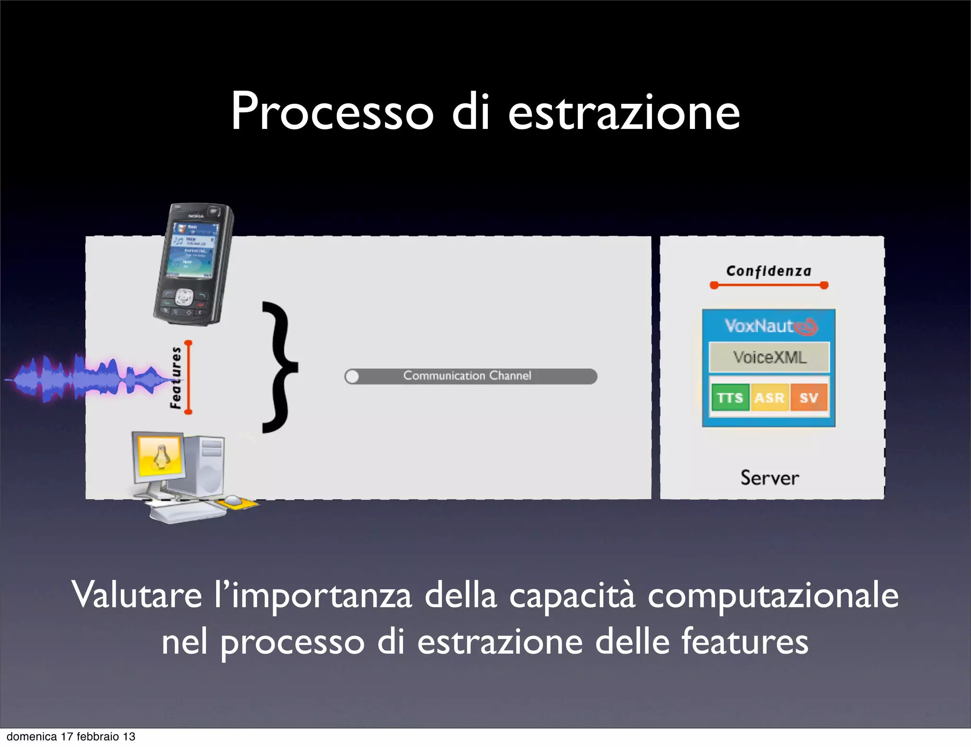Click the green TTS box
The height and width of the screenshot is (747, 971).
(730, 397)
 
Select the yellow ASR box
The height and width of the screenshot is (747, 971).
(769, 397)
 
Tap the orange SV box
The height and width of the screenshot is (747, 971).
(809, 397)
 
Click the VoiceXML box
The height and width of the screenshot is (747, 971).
(769, 357)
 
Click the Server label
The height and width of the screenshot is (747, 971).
(769, 478)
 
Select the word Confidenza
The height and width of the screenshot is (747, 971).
(769, 271)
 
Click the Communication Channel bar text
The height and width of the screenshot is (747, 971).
(467, 376)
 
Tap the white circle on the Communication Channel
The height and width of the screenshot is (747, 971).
(352, 377)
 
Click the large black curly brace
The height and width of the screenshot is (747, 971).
(280, 367)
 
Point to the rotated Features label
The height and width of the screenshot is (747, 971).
(176, 377)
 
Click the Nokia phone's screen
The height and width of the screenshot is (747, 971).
(192, 249)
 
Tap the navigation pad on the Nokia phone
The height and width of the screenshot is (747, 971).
(184, 297)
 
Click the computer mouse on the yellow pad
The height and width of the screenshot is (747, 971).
(232, 500)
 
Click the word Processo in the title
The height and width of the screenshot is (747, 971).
(332, 112)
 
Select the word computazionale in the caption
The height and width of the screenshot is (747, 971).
(773, 595)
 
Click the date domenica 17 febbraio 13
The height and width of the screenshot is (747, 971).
(71, 737)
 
